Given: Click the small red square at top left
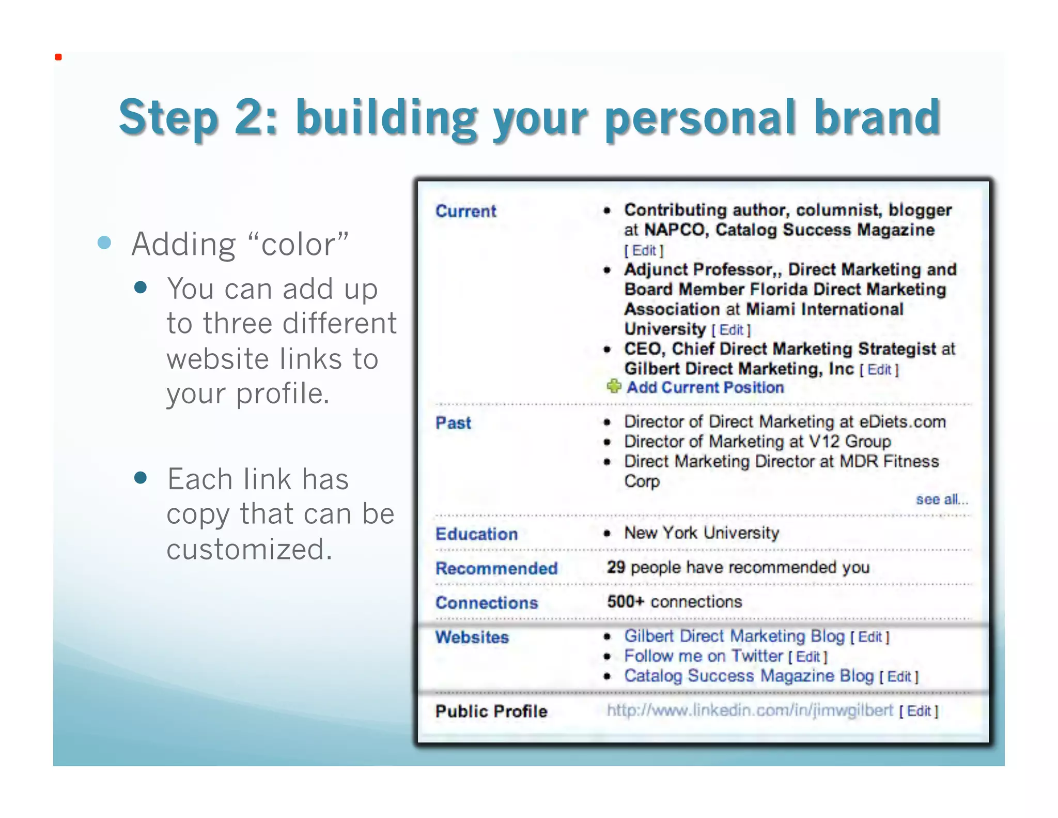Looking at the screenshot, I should (x=58, y=57).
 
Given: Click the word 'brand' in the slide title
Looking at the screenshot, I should (x=877, y=117).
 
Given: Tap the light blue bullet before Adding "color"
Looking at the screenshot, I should (x=104, y=243).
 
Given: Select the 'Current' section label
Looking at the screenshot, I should (x=465, y=211).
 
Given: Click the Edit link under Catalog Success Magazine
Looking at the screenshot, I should (x=644, y=251).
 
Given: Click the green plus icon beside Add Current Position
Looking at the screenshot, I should (x=614, y=386).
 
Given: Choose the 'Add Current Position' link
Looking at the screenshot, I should (x=705, y=387).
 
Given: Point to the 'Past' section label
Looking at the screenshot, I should (x=453, y=423).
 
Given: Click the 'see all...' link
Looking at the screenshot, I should (x=941, y=499).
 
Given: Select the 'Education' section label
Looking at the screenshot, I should (x=476, y=534).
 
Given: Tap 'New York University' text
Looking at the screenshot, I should (x=702, y=533).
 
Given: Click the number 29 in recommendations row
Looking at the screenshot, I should (x=616, y=567).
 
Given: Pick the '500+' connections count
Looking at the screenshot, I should (x=626, y=602).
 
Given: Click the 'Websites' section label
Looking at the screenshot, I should (x=472, y=637).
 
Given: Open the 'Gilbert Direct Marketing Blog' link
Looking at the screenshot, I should (x=734, y=636).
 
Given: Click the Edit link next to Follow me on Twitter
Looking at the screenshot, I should (x=808, y=657).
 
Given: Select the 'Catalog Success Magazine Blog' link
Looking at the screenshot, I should (x=749, y=676).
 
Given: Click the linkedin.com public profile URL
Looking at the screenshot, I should (x=750, y=710).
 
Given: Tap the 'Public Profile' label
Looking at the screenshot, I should (x=491, y=711).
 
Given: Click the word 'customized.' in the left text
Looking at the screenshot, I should (x=249, y=549).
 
